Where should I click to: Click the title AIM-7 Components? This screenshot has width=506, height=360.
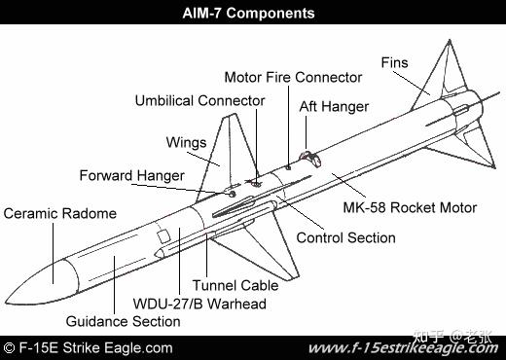pyautogui.click(x=249, y=14)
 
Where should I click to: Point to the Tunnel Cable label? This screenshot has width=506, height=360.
pyautogui.click(x=235, y=286)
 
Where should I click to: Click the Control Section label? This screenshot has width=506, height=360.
pyautogui.click(x=345, y=237)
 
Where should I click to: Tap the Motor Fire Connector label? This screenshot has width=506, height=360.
pyautogui.click(x=293, y=77)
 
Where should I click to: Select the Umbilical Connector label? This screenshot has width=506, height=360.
pyautogui.click(x=199, y=100)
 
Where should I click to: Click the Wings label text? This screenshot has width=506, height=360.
pyautogui.click(x=185, y=142)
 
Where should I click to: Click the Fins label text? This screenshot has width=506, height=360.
pyautogui.click(x=394, y=62)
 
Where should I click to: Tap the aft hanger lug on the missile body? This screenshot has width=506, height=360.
pyautogui.click(x=309, y=157)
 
